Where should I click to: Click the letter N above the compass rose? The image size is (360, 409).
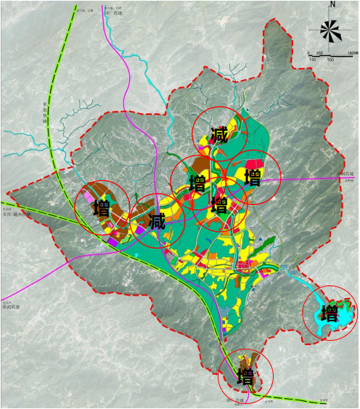[332, 5]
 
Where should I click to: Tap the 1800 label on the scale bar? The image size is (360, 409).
[351, 54]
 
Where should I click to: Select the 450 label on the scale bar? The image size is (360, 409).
[319, 54]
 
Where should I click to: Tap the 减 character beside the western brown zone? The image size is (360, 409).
[157, 221]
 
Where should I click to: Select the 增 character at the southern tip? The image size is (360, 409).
[246, 377]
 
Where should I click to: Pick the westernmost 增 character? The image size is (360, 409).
[102, 209]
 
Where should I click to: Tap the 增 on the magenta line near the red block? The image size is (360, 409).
[253, 178]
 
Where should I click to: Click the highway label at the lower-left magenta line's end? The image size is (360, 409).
[12, 307]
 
